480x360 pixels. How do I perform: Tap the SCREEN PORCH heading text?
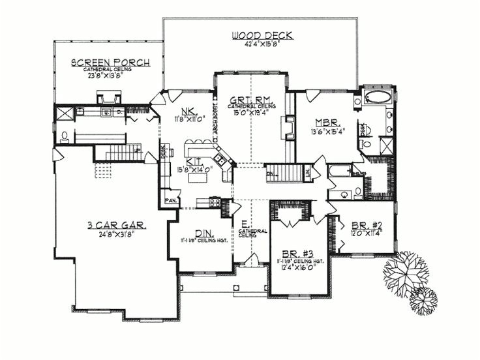110,63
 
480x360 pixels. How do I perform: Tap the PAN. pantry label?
172,200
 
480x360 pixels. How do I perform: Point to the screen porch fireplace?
108,98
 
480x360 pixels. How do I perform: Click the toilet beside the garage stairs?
64,137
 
